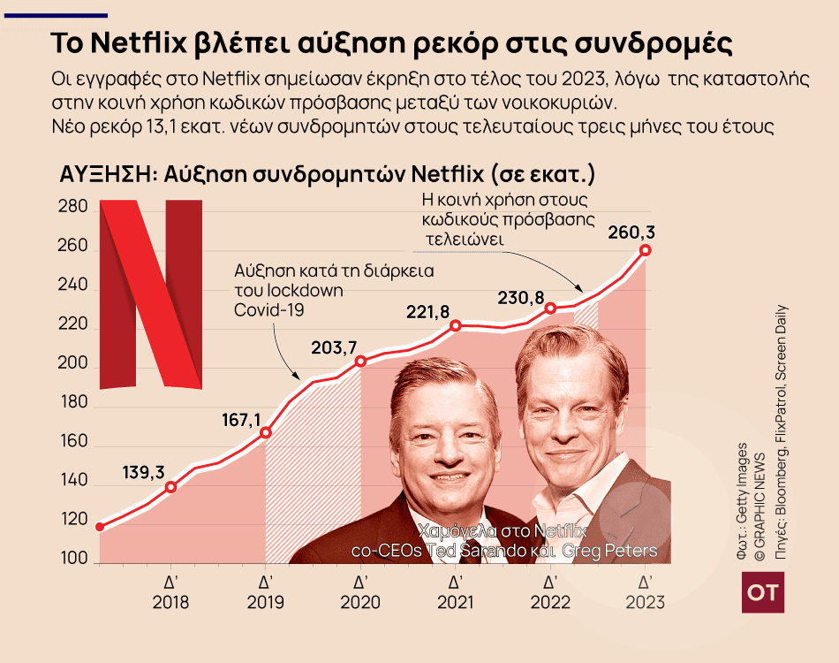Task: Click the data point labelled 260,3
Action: (x=646, y=250)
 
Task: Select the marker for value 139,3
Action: (x=171, y=486)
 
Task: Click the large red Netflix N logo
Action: (x=151, y=293)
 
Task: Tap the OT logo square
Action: (x=762, y=591)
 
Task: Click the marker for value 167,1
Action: (x=266, y=432)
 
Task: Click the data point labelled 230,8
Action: (x=550, y=308)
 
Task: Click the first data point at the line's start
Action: (x=100, y=527)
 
